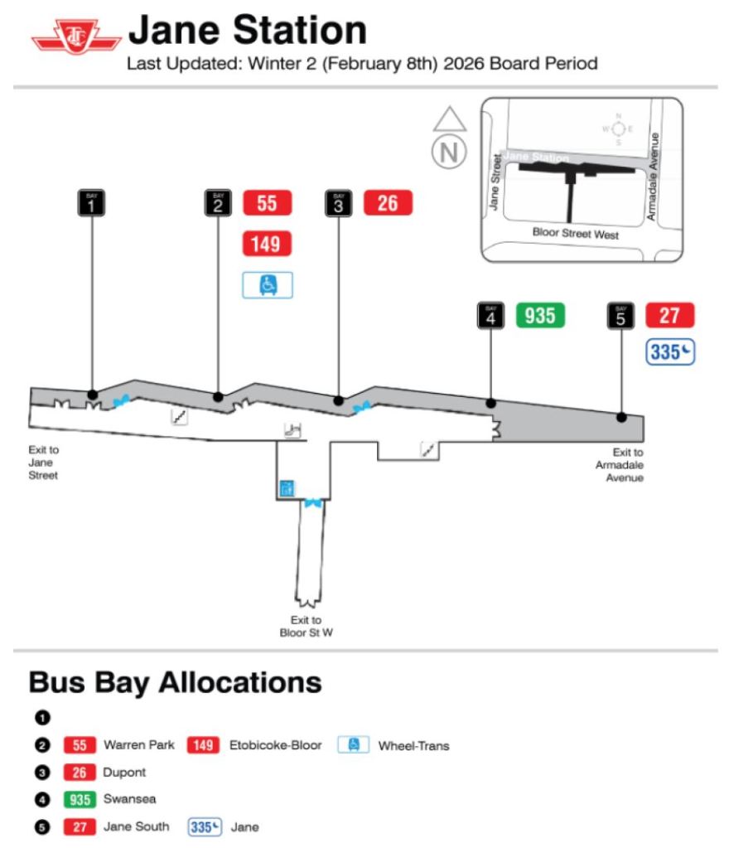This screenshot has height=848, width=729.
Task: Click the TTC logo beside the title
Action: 76,37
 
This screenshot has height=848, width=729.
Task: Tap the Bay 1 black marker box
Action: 91,203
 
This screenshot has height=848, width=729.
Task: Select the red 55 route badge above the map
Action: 267,202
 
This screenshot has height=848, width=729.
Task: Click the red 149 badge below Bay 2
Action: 267,244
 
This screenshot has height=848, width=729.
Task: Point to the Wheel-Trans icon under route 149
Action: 267,284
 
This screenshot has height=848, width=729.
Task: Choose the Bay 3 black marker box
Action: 338,203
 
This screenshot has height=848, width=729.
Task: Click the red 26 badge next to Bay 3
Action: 388,202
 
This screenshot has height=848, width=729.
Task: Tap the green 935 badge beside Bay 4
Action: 540,315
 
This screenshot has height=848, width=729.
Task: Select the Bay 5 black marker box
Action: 621,316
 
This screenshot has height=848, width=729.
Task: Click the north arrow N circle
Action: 450,152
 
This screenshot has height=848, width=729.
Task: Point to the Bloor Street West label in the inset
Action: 575,235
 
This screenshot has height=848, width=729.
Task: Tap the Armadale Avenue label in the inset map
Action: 654,176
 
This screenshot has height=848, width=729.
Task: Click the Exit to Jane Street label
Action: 43,463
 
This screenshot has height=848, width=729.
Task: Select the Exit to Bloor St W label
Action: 306,627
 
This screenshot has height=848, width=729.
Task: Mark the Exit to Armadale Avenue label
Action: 619,465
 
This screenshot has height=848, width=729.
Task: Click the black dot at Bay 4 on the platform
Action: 491,404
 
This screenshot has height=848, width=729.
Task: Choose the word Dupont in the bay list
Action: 124,772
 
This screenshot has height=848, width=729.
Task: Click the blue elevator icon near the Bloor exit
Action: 287,487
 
